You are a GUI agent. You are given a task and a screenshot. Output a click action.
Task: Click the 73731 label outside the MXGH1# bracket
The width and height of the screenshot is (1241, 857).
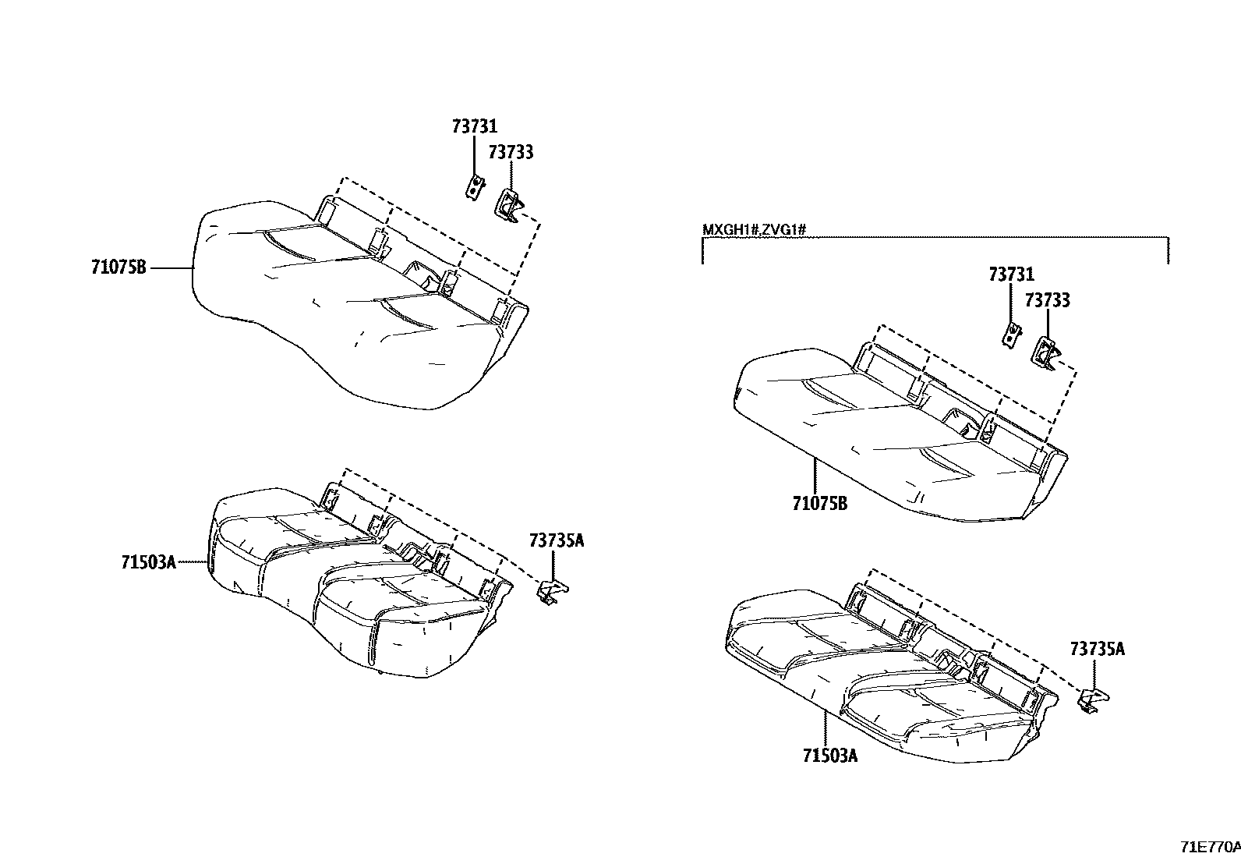474,127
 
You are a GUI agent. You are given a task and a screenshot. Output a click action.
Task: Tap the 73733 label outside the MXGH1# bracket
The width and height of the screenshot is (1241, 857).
511,152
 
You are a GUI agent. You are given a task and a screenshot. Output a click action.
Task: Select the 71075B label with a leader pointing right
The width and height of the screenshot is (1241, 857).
118,267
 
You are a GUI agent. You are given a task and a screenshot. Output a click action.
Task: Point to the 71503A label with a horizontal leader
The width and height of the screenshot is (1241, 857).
148,563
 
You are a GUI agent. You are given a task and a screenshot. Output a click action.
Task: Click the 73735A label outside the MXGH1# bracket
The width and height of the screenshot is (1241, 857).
557,540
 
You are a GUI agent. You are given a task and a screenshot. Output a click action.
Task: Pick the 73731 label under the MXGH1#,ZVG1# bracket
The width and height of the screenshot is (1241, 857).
1012,274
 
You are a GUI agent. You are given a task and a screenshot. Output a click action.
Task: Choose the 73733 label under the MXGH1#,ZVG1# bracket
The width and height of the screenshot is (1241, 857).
1047,300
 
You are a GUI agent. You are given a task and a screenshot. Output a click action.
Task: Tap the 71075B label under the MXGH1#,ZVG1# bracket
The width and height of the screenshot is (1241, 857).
820,503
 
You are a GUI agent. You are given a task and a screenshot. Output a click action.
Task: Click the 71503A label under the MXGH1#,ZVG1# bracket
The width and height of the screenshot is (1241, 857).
830,755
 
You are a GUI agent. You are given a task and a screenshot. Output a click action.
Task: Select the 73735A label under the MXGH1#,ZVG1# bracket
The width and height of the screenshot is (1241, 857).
1098,649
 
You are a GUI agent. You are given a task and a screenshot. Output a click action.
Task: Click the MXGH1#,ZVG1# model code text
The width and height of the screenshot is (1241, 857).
754,229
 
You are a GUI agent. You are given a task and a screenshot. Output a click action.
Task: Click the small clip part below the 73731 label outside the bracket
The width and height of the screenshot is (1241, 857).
474,187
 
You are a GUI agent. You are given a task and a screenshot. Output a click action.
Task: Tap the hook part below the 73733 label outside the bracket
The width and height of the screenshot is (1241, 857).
507,206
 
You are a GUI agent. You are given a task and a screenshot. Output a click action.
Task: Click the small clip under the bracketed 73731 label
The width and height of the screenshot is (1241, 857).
1012,335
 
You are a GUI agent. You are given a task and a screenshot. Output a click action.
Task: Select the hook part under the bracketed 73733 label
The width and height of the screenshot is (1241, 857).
1045,354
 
